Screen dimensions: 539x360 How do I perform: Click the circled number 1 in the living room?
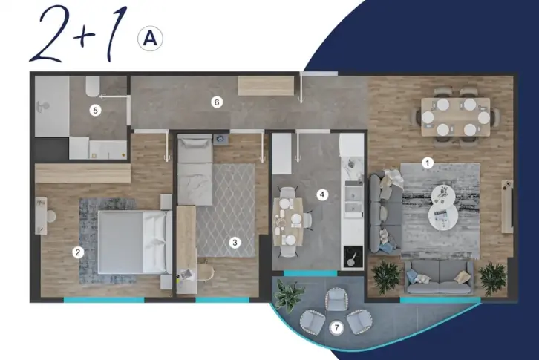428,163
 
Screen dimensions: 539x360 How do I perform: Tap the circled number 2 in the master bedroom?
78,252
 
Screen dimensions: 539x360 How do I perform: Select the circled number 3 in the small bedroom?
235,243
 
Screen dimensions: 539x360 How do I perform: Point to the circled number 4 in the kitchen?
322,194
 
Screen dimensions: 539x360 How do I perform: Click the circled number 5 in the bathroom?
95,111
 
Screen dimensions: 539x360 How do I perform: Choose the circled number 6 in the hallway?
217,102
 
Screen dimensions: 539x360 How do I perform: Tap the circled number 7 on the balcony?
336,327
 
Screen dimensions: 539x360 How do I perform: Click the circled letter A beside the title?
150,39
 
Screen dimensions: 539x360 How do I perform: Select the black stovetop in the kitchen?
353,257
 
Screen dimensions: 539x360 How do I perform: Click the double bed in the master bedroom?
135,242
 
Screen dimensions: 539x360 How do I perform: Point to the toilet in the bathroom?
93,86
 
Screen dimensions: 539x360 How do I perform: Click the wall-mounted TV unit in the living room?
507,206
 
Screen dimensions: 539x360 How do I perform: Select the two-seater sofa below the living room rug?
439,277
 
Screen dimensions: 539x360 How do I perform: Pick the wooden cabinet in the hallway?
266,86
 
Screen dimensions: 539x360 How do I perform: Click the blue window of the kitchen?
310,273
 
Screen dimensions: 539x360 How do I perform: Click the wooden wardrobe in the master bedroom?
83,173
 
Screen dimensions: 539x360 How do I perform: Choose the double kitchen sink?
353,201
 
